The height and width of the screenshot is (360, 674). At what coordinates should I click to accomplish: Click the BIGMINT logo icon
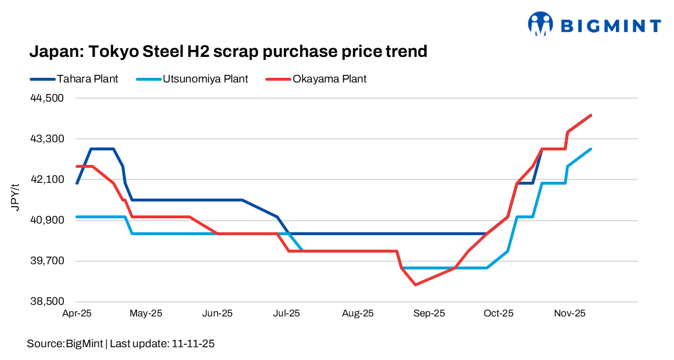point(540,24)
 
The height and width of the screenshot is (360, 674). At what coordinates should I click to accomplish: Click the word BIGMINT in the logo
point(610,26)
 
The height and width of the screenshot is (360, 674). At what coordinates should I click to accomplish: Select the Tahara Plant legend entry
point(87,79)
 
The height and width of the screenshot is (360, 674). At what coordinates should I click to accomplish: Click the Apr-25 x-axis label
point(77,314)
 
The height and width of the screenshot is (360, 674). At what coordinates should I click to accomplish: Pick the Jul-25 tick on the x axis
point(287,314)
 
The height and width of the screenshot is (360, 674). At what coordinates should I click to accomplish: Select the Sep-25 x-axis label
point(429,314)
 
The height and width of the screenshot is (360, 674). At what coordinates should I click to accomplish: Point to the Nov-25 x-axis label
point(569,314)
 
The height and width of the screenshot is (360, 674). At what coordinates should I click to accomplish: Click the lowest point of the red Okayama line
point(415,285)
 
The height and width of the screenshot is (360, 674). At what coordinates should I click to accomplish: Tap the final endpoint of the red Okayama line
point(590,115)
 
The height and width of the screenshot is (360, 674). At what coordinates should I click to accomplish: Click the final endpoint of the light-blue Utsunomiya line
point(590,149)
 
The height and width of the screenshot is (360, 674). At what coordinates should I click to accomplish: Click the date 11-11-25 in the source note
point(193,344)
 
